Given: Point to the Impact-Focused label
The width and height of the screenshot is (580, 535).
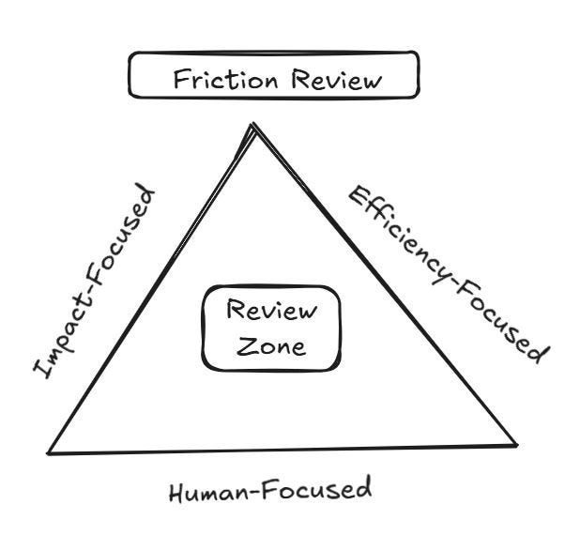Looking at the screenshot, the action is point(94,282).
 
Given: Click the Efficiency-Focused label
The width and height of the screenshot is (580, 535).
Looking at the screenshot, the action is point(445,272).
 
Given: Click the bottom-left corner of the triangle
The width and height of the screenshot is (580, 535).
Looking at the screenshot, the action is point(50,453).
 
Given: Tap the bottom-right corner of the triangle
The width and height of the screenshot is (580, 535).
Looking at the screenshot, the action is point(516,444).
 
